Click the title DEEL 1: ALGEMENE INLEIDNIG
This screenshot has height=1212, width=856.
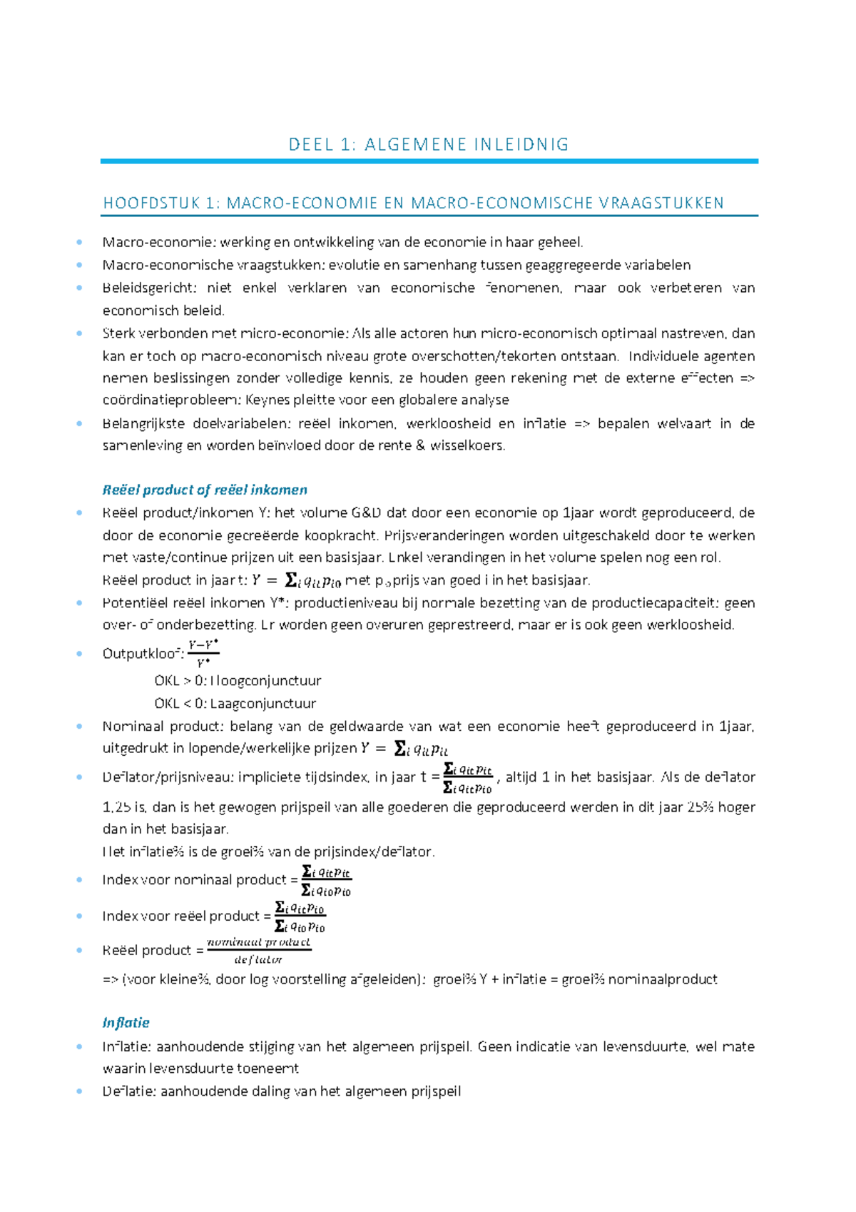tap(429, 145)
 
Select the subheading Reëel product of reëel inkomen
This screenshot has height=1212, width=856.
tap(205, 490)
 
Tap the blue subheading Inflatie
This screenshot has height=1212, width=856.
tap(126, 1022)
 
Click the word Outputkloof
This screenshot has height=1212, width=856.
tap(141, 654)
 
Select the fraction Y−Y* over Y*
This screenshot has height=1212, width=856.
tap(203, 653)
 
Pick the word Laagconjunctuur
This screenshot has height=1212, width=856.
tap(264, 703)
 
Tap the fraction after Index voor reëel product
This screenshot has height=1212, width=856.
tap(300, 917)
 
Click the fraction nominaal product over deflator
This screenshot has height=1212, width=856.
tap(259, 951)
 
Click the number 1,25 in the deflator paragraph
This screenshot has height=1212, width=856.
tap(116, 807)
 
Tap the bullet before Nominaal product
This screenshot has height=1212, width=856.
tap(79, 727)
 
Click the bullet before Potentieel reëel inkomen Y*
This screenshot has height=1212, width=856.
tap(79, 602)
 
